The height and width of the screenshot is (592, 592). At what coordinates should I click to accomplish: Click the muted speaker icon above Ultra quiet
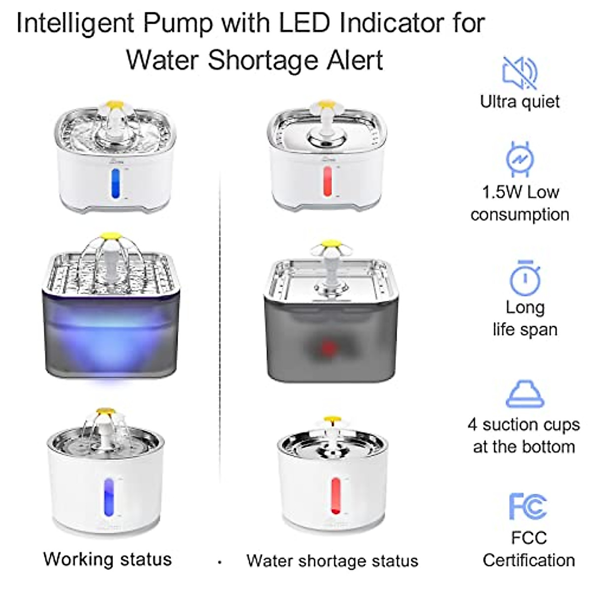(519, 73)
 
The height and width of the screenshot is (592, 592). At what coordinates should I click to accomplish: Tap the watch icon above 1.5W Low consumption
(519, 159)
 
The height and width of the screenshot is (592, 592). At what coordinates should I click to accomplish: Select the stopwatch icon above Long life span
(525, 278)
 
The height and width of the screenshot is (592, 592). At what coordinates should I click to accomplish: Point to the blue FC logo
(527, 506)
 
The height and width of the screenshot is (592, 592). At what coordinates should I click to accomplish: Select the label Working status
(108, 559)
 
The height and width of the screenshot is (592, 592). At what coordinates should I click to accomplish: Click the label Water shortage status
(332, 561)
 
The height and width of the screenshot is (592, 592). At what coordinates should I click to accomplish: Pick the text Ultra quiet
(519, 102)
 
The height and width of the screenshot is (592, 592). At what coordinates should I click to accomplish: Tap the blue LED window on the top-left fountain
(115, 184)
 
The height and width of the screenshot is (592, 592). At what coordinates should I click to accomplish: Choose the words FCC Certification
(528, 549)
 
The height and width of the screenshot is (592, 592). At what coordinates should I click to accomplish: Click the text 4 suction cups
(523, 425)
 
